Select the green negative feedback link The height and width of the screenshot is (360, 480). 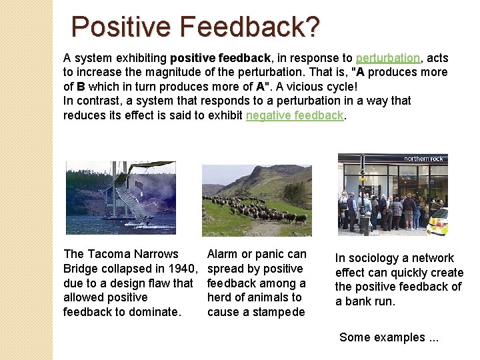pos(295,115)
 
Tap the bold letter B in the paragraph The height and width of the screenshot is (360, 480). pos(81,87)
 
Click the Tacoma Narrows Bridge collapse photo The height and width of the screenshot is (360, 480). pos(121,197)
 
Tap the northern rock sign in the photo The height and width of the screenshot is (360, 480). pos(424,159)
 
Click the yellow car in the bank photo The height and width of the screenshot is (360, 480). pos(438,222)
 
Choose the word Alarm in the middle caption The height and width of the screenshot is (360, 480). pos(222,254)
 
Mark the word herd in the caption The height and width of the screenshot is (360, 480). pos(219,297)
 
